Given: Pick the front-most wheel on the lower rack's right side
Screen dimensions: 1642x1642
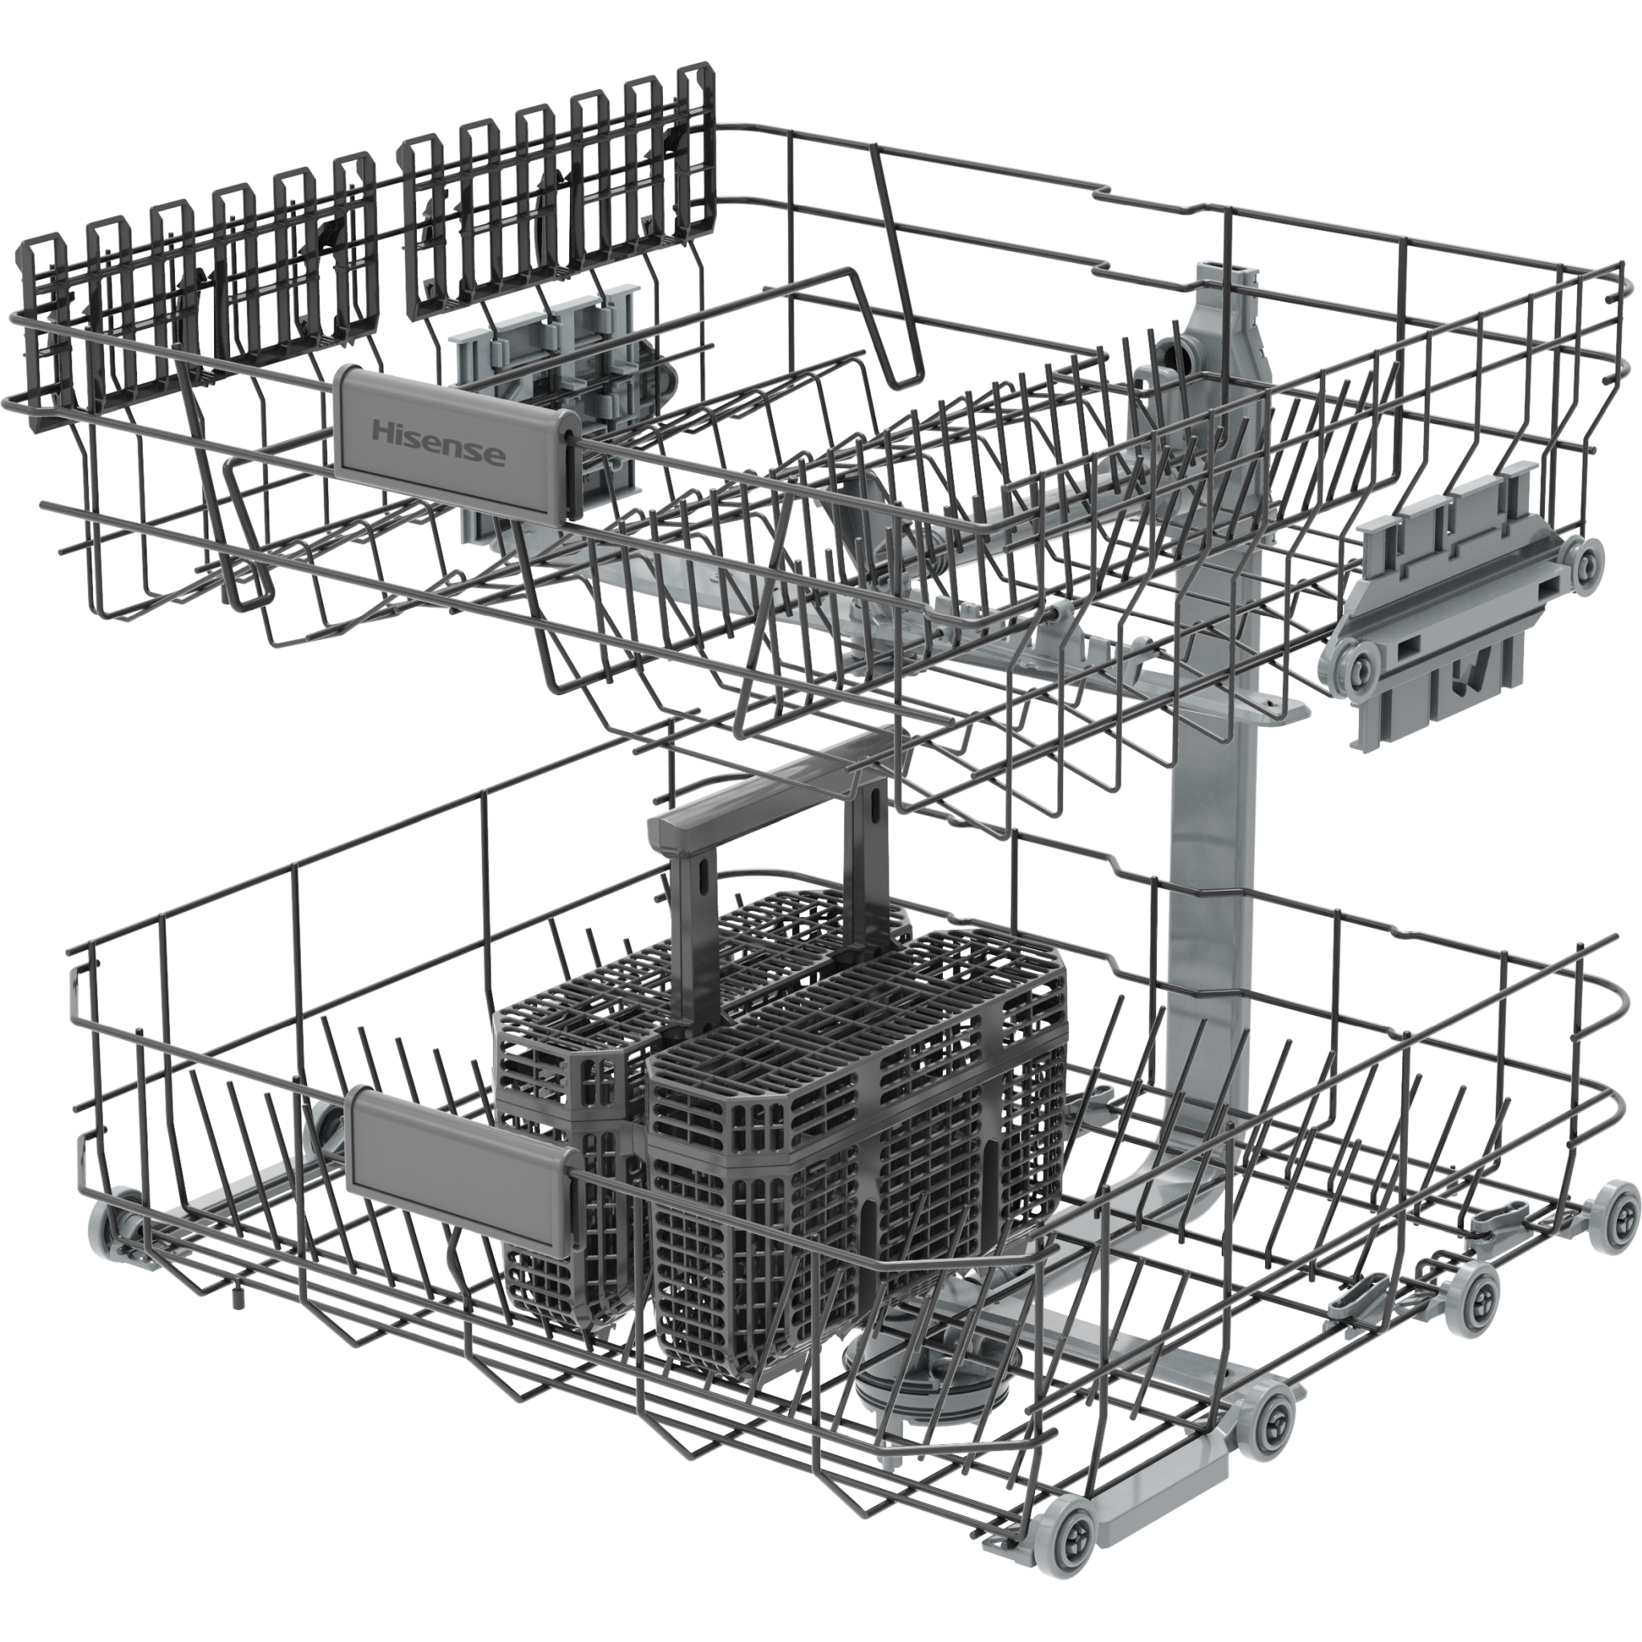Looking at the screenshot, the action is coord(1073,1528).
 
